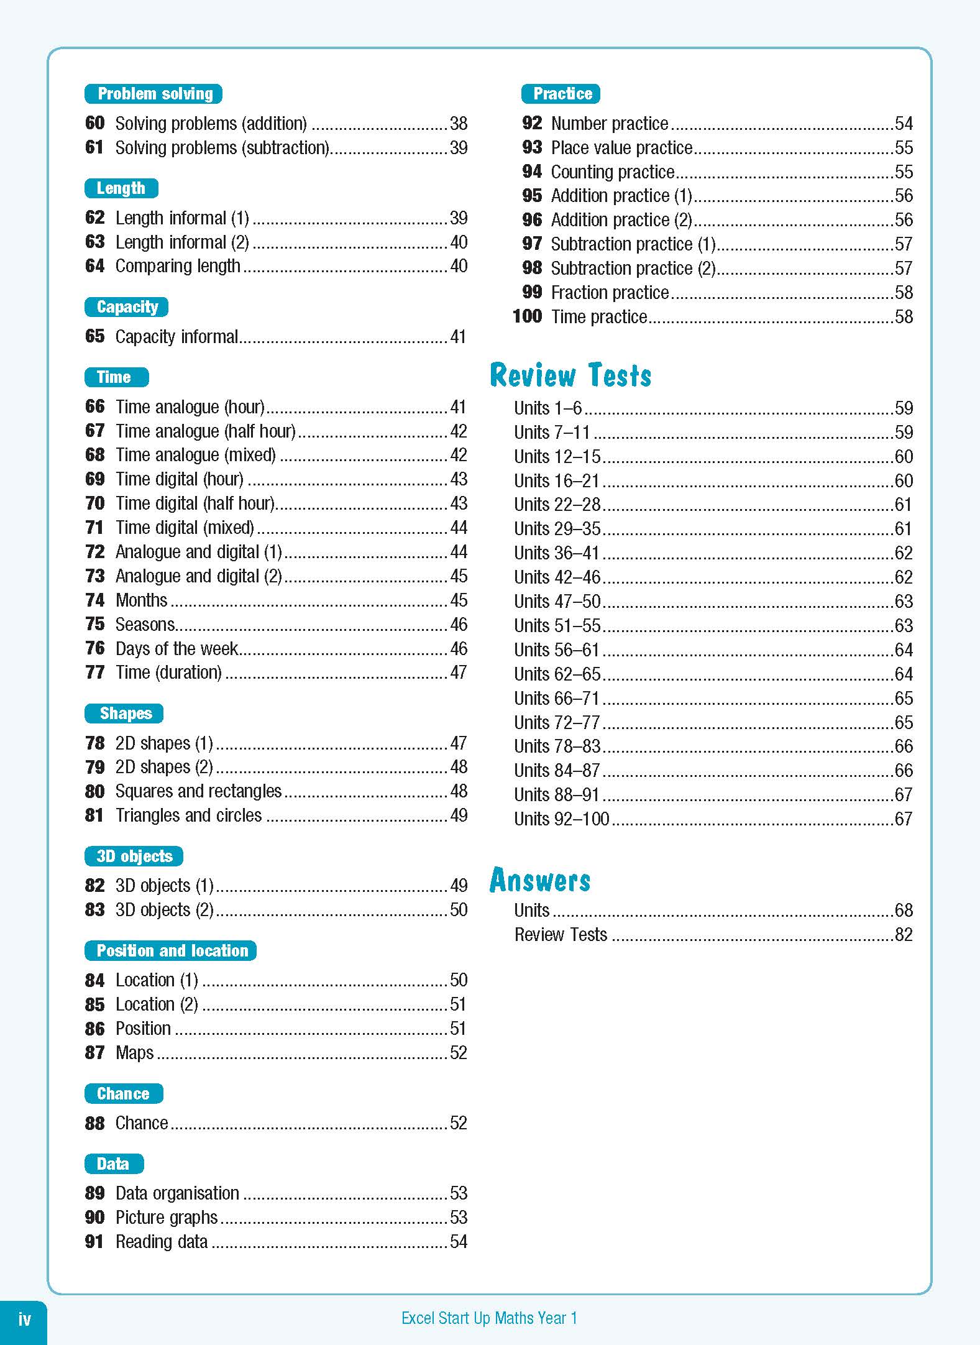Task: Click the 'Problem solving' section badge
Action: [153, 94]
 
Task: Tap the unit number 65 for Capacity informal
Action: [95, 336]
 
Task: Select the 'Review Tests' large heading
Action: [570, 375]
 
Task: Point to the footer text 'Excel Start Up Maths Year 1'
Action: [489, 1318]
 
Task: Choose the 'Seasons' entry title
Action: [145, 624]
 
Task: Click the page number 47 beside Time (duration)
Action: [459, 672]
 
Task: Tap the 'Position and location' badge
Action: [171, 950]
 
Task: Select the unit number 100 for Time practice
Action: [528, 316]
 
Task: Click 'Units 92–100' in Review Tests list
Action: [561, 819]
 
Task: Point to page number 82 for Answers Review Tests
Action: [904, 934]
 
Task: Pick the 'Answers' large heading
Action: [540, 880]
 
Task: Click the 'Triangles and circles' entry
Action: [188, 815]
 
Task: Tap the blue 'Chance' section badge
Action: [124, 1093]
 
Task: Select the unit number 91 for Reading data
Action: [94, 1241]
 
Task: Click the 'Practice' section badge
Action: [561, 94]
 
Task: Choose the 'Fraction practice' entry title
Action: [610, 292]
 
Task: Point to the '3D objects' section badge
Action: [134, 856]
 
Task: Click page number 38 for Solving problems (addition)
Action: [459, 123]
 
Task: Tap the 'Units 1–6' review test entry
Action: [547, 408]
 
